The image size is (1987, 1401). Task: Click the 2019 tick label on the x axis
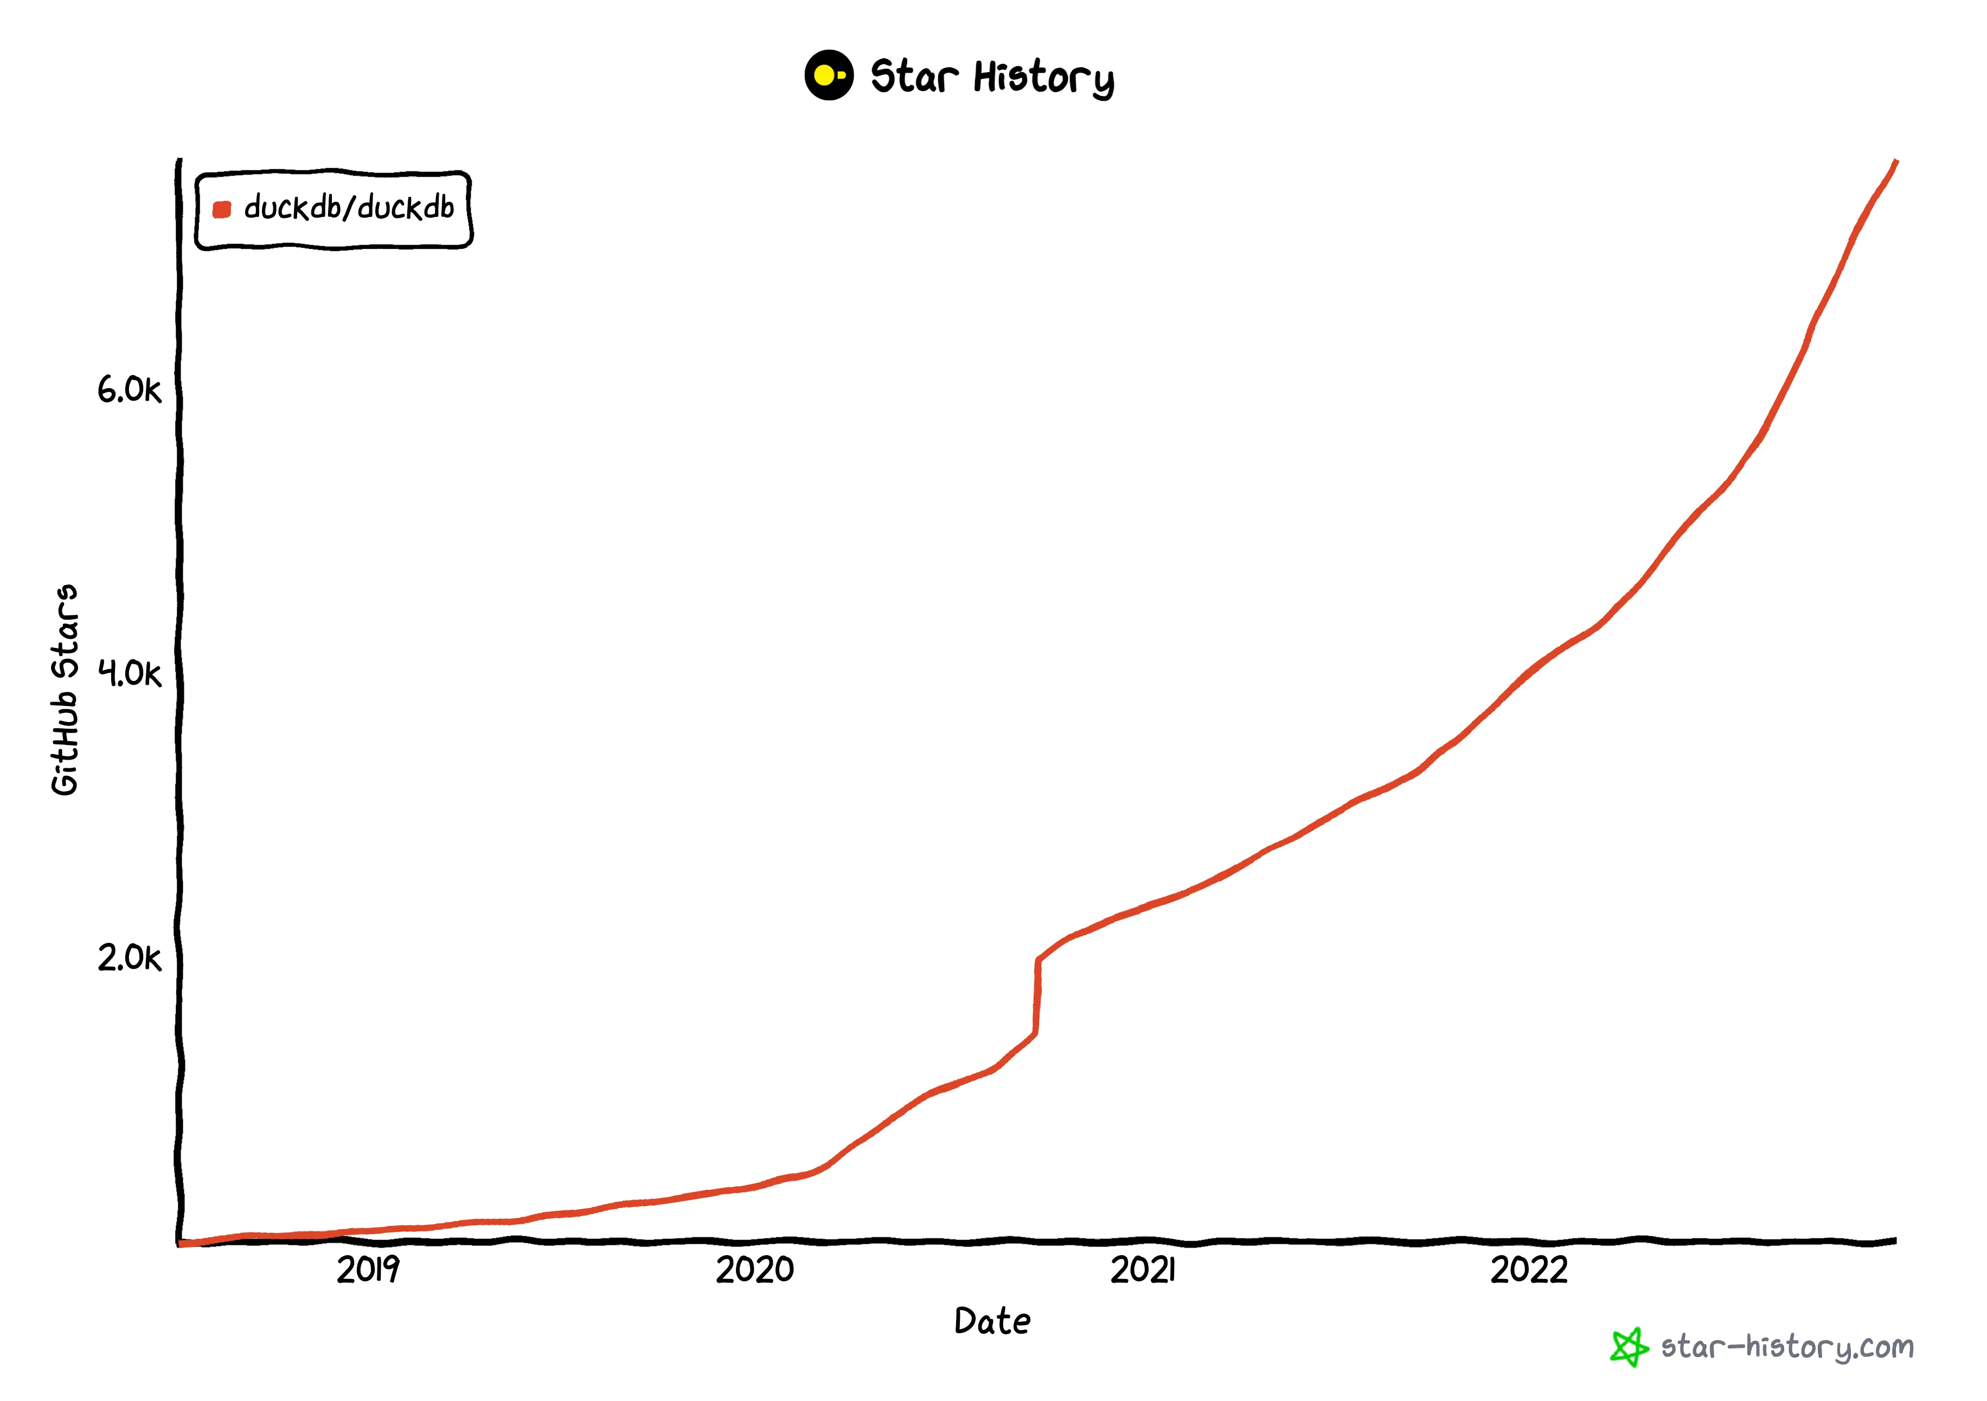pos(368,1270)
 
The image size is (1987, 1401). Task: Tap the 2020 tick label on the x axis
pos(755,1270)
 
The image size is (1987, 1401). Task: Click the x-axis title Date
pos(992,1321)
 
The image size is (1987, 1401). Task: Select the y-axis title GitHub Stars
pos(65,690)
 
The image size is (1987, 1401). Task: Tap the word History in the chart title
pos(1044,78)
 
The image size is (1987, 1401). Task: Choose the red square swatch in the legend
pos(222,209)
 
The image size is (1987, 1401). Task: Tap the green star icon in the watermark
pos(1629,1347)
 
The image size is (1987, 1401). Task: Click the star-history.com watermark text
pos(1787,1347)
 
